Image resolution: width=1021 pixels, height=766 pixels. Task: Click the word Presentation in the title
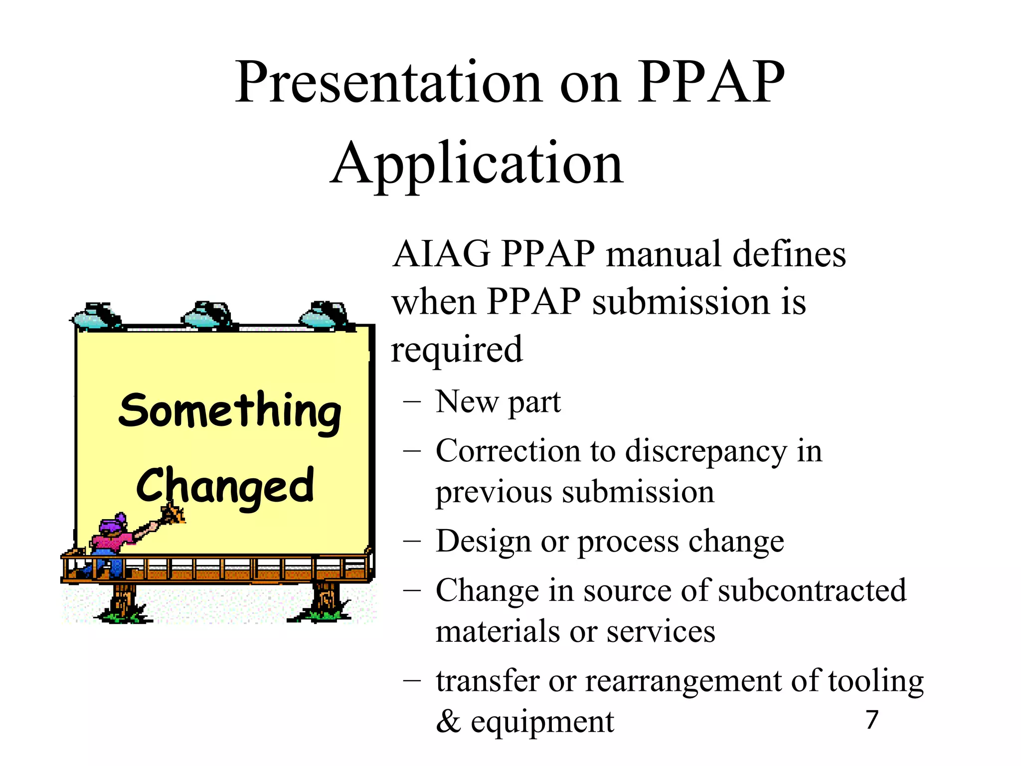tap(389, 82)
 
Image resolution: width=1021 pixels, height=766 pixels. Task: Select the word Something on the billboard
tap(230, 411)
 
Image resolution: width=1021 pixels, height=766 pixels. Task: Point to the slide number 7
tap(872, 720)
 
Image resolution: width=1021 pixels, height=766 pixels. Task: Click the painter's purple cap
tap(112, 524)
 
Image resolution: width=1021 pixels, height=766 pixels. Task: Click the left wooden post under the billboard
tap(123, 601)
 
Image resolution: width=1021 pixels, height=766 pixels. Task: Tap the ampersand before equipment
tap(448, 722)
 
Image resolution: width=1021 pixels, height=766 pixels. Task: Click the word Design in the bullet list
tap(483, 541)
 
